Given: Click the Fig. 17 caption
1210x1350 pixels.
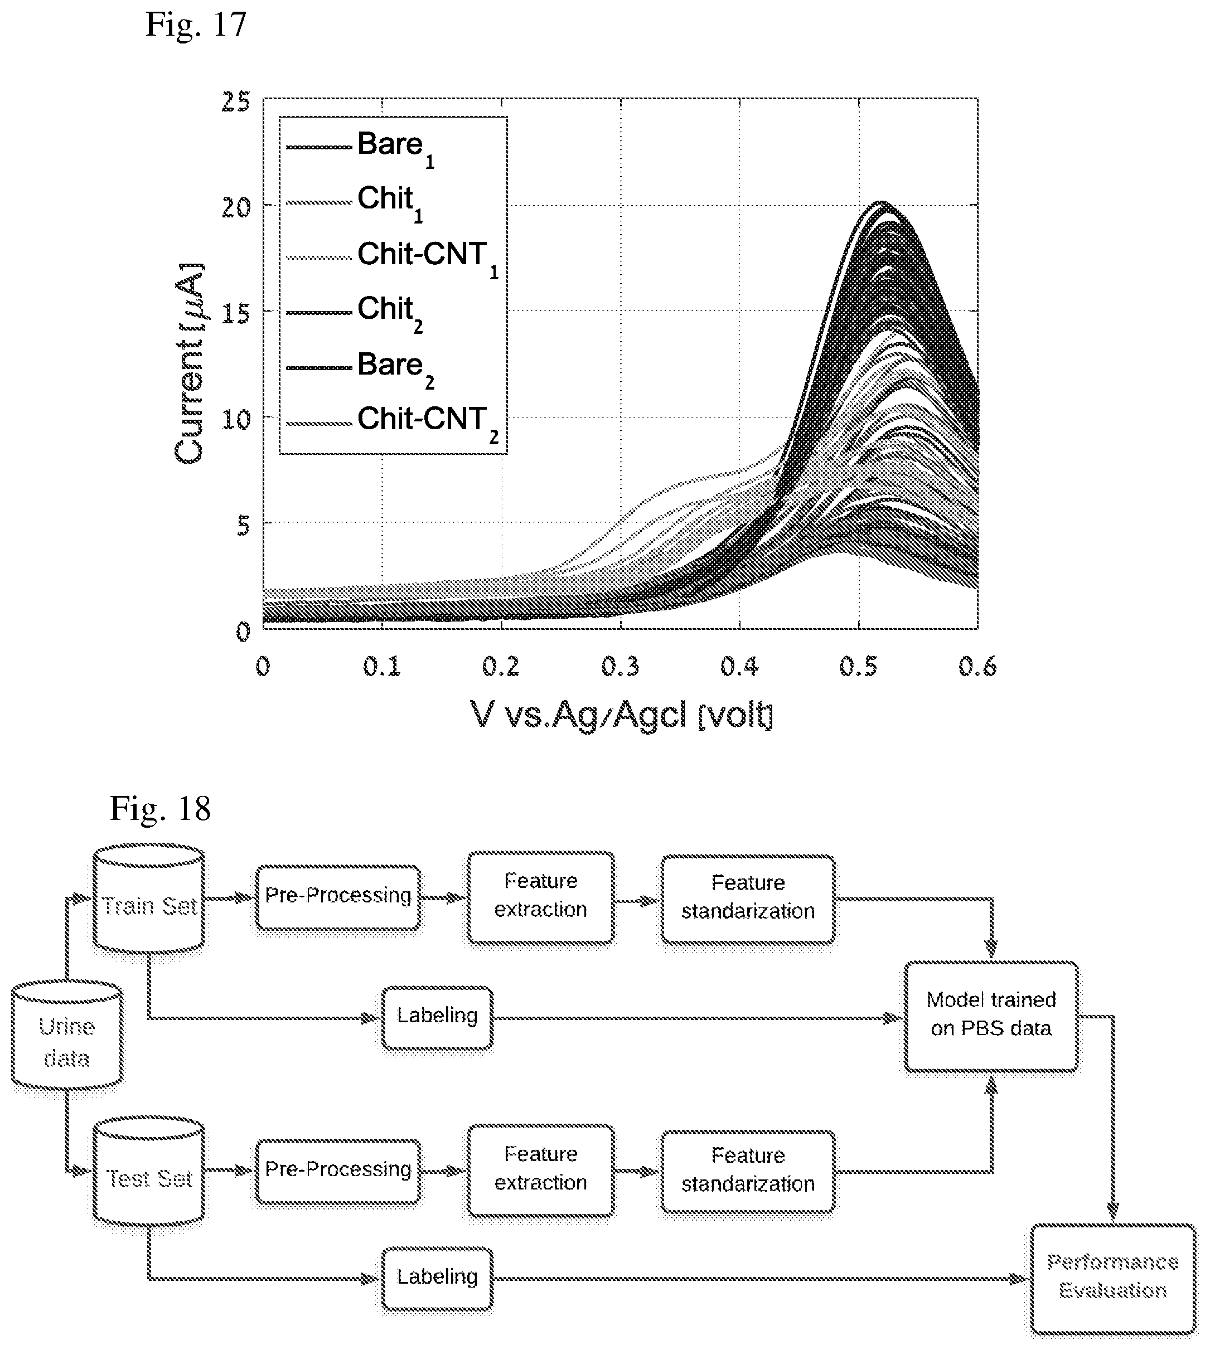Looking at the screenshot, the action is coord(196,25).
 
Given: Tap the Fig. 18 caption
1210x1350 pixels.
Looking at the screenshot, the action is coord(160,809).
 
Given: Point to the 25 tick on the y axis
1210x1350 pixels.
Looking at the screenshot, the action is coord(236,101).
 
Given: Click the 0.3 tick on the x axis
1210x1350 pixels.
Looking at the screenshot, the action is coord(620,666).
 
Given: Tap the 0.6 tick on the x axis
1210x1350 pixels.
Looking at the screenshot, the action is coord(977,666).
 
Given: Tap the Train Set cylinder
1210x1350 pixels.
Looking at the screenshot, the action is coord(149,897).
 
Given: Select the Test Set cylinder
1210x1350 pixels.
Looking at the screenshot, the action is coord(149,1172).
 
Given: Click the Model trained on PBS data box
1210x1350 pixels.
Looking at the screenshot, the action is coord(991,1016).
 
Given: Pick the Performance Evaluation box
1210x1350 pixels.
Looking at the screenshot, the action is coord(1113,1278).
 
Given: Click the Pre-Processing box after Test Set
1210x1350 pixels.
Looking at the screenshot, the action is coord(338,1171).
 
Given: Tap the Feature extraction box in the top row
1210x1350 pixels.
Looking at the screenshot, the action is coord(540,897).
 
